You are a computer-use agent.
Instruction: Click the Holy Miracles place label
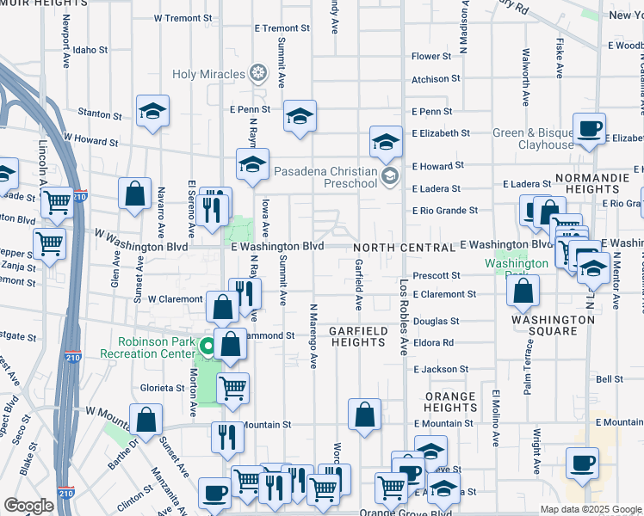[x=208, y=74]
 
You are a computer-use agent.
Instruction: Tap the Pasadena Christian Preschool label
[x=325, y=176]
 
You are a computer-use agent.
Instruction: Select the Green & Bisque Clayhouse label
[x=533, y=138]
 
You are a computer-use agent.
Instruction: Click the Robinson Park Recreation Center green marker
[x=207, y=347]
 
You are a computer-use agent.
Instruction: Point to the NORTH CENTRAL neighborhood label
[x=404, y=248]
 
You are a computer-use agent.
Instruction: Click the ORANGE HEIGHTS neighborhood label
[x=449, y=402]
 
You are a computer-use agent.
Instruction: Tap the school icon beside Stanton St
[x=152, y=111]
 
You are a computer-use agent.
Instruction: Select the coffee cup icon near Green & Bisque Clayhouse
[x=589, y=129]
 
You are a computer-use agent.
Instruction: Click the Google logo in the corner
[x=29, y=506]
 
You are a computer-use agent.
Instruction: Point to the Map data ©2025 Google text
[x=591, y=509]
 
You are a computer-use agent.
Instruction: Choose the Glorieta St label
[x=164, y=388]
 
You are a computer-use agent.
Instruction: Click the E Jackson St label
[x=440, y=369]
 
